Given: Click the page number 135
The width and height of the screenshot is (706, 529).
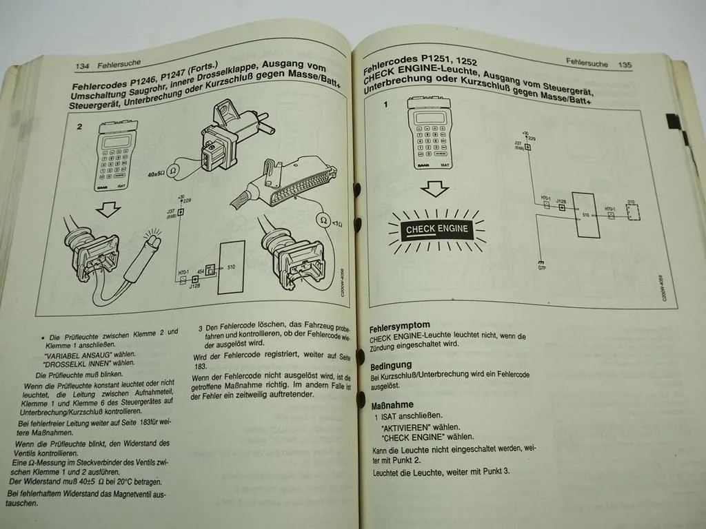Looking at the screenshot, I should (625, 65).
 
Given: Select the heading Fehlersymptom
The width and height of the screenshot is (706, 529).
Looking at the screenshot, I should (400, 325).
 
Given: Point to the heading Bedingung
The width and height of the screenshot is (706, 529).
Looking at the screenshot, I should (391, 365).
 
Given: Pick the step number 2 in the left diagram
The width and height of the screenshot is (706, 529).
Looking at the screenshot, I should (79, 127).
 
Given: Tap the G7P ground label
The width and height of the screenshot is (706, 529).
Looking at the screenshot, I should (541, 265).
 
